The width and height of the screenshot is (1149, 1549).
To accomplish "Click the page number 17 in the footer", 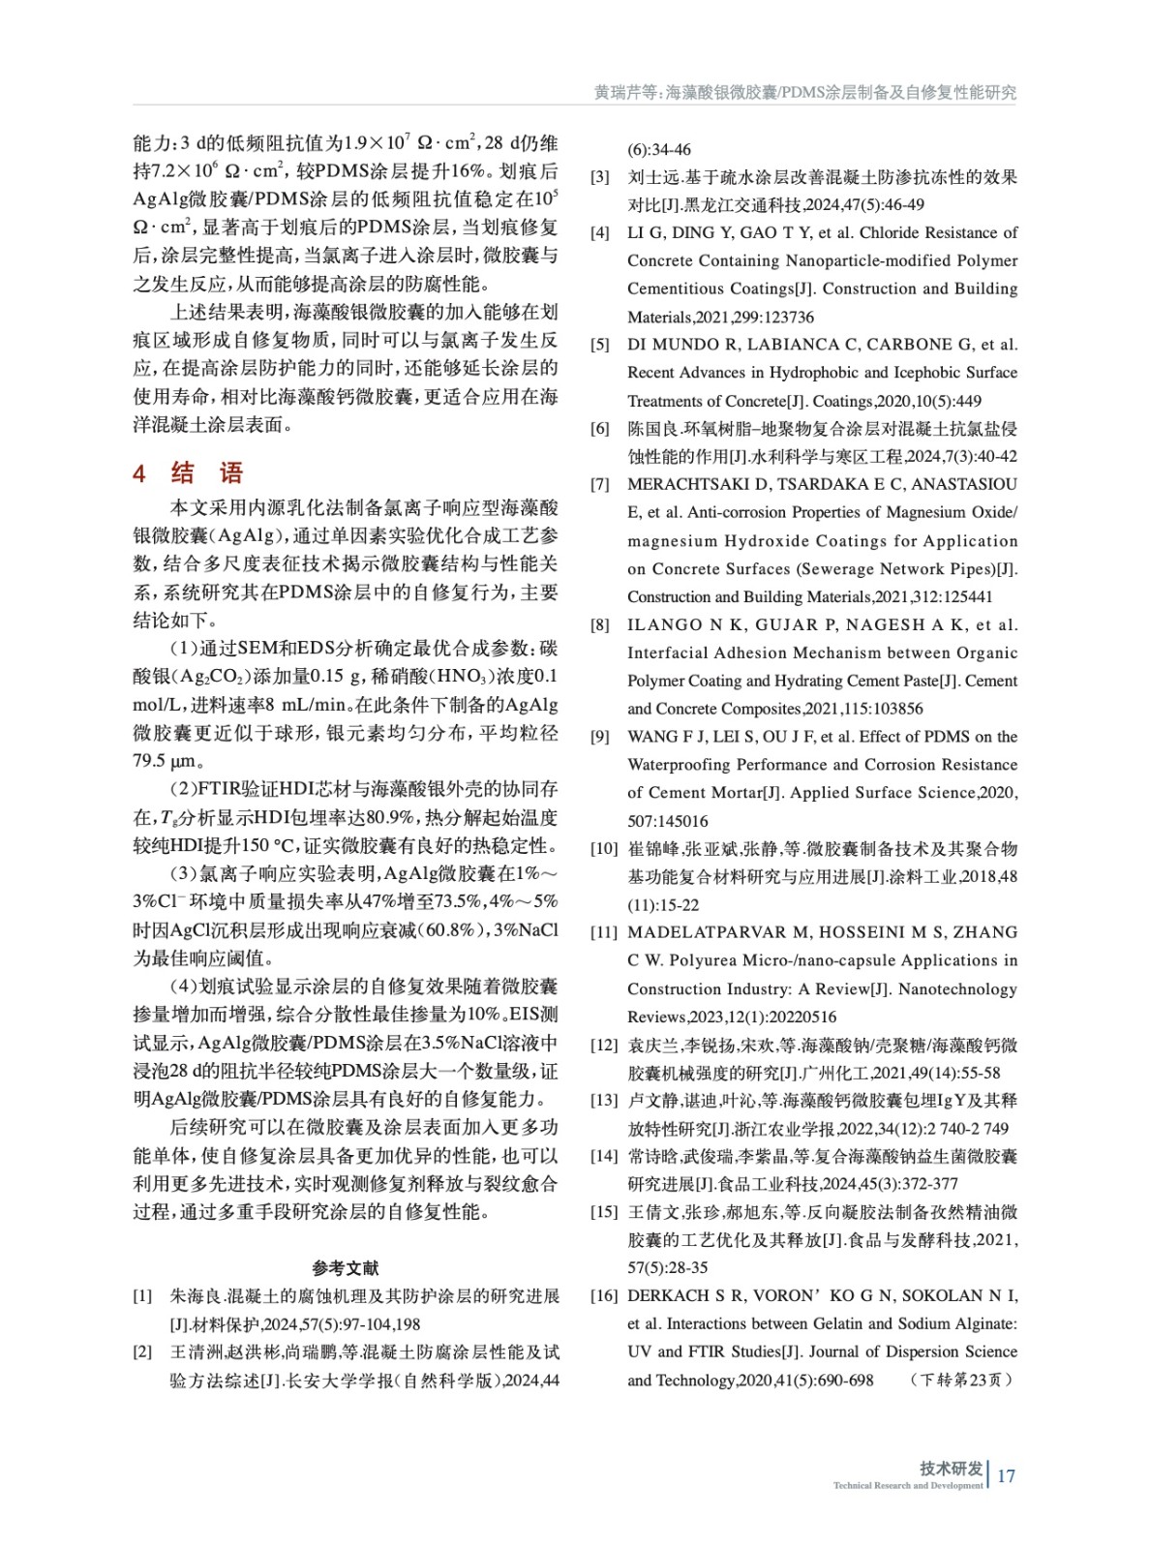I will (1006, 1475).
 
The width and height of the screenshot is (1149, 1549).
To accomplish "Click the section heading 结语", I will (206, 472).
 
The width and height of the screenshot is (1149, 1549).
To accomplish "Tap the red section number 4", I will (139, 473).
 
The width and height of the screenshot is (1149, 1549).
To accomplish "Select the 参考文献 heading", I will (346, 1267).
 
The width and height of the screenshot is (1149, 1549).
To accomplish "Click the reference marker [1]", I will (142, 1296).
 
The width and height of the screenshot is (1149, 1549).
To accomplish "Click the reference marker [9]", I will (600, 737).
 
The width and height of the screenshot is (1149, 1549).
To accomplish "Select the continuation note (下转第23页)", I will (960, 1380).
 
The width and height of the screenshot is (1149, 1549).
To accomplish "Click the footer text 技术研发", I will (951, 1468).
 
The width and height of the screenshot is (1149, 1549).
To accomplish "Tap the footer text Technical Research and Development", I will (907, 1485).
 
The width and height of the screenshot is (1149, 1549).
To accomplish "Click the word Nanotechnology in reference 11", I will (958, 988).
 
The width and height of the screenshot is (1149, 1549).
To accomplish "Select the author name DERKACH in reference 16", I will (668, 1295).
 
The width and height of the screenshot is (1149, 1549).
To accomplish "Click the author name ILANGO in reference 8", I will (665, 624).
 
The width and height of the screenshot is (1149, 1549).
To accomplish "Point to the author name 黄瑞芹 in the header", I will (618, 93).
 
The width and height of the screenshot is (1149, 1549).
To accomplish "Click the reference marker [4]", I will (600, 233).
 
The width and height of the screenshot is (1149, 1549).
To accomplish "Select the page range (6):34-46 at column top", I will (659, 149).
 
